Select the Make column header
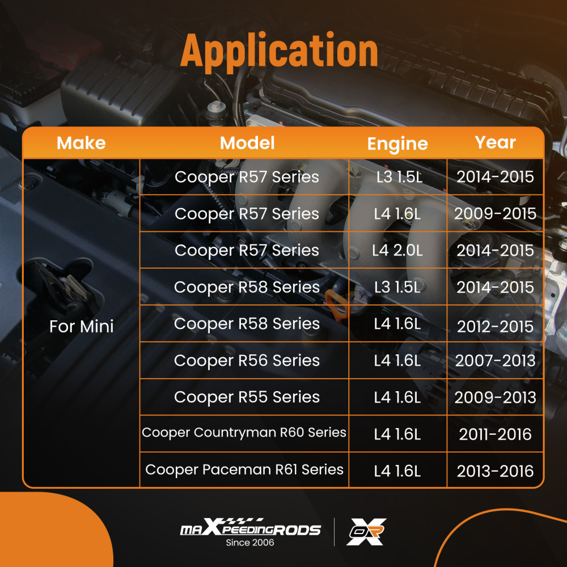[81, 143]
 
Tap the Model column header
[247, 143]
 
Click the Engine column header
[397, 144]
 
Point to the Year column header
[495, 142]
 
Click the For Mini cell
[81, 327]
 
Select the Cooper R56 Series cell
[247, 361]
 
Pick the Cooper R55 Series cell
[247, 397]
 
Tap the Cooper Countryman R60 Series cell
[244, 433]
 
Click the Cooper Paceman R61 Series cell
[244, 469]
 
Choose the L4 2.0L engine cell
[397, 250]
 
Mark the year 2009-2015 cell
[495, 214]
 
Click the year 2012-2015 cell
[495, 327]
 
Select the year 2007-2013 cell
[495, 361]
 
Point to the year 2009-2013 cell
[495, 397]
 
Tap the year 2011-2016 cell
[495, 434]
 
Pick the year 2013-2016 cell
[495, 471]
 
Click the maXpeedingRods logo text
[250, 530]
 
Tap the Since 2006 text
[250, 543]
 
